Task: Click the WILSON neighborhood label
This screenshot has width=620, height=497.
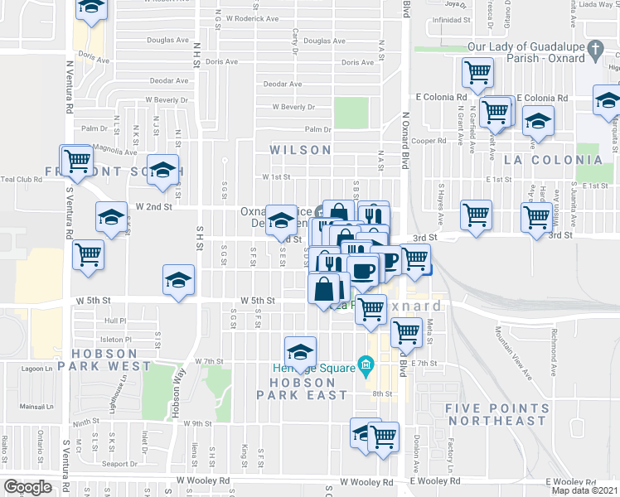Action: tap(300, 150)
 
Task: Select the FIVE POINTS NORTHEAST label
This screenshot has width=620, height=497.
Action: tap(497, 415)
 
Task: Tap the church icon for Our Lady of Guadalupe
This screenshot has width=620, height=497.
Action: tap(593, 52)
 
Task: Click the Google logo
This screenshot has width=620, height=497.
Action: tap(27, 487)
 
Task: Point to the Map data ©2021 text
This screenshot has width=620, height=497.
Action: tap(585, 490)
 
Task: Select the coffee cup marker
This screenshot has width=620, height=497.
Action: tap(361, 269)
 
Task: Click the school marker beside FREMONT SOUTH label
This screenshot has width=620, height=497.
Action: tap(163, 169)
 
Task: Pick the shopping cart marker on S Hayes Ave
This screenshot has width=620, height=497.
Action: tap(476, 215)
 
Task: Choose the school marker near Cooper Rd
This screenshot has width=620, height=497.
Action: tap(538, 121)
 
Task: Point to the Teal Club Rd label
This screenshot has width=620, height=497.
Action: tap(21, 179)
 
